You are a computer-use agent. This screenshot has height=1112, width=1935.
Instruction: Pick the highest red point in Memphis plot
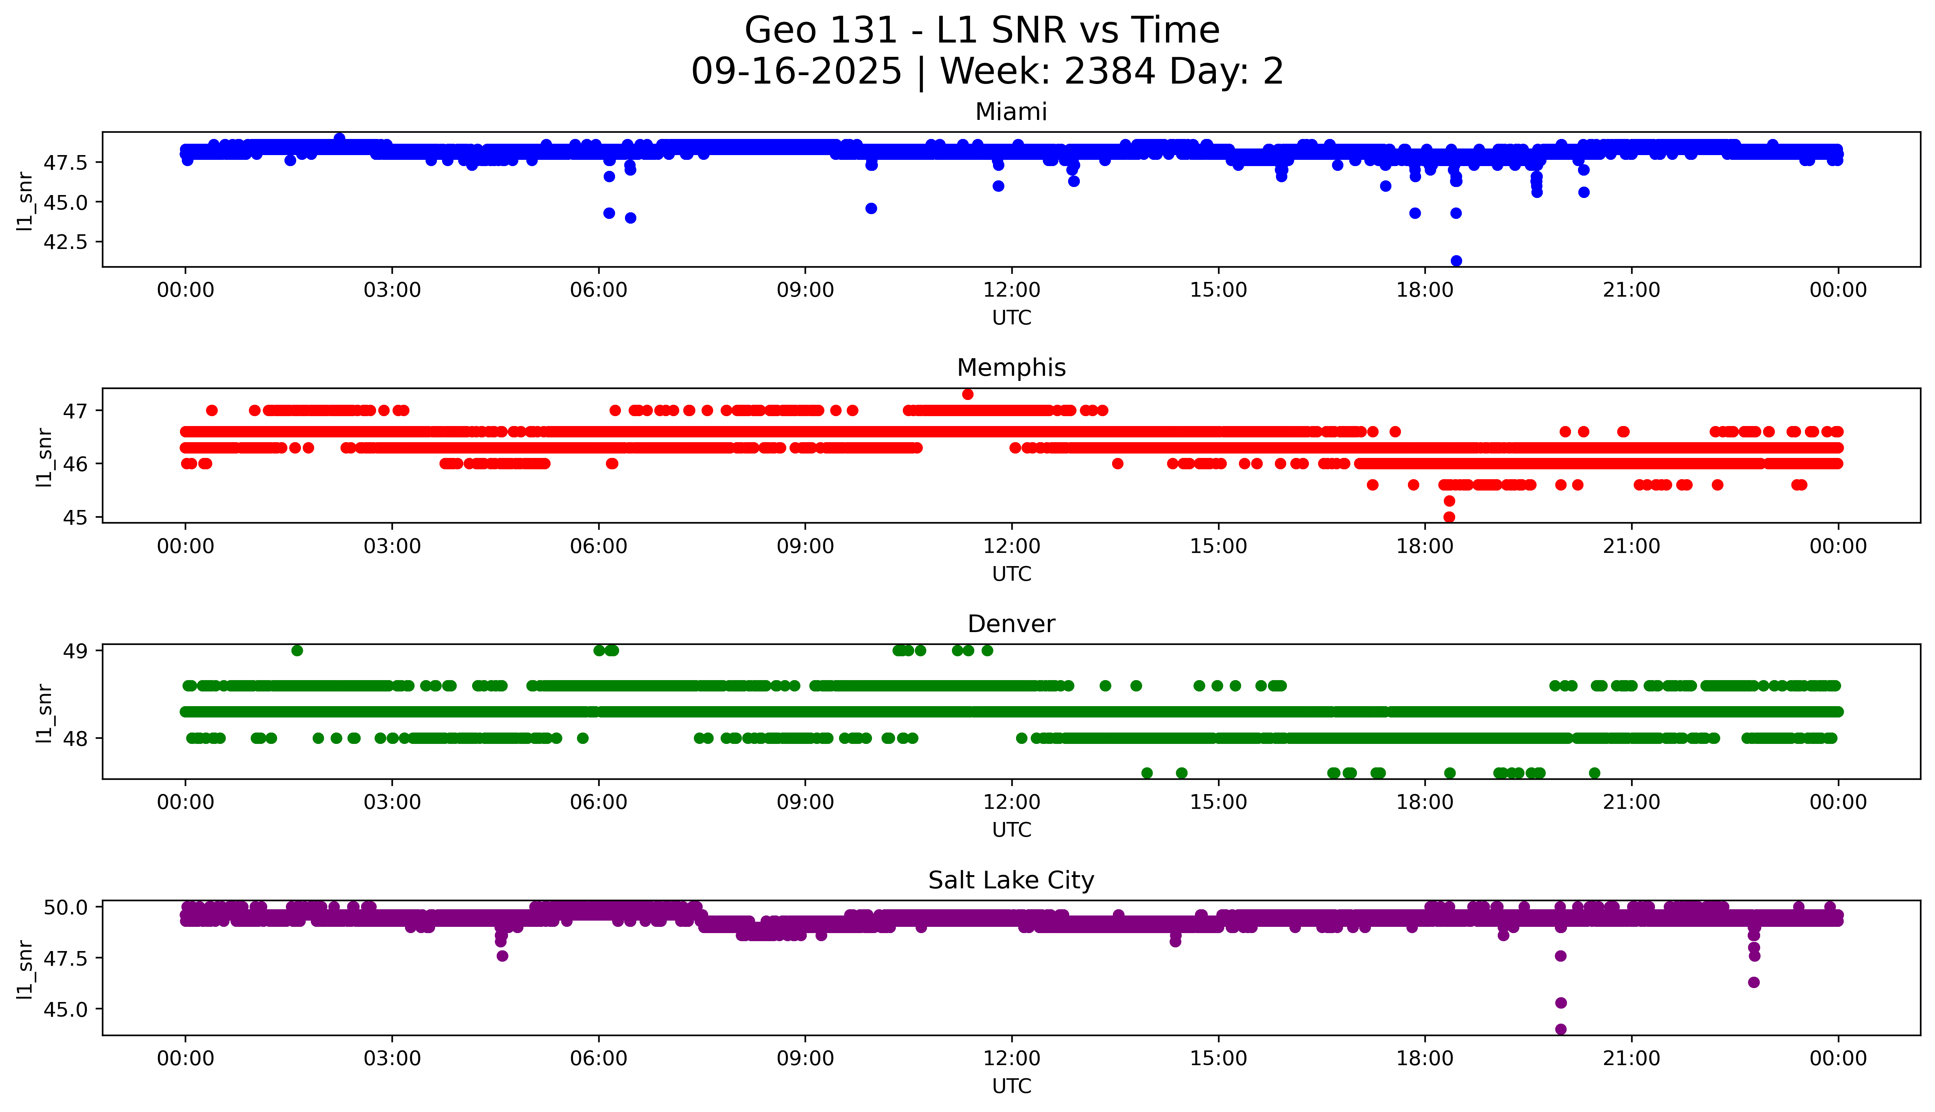pos(968,394)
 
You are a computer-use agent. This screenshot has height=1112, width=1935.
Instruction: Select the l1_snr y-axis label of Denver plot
pos(44,713)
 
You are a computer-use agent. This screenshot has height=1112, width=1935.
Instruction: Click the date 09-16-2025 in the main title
pos(796,72)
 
